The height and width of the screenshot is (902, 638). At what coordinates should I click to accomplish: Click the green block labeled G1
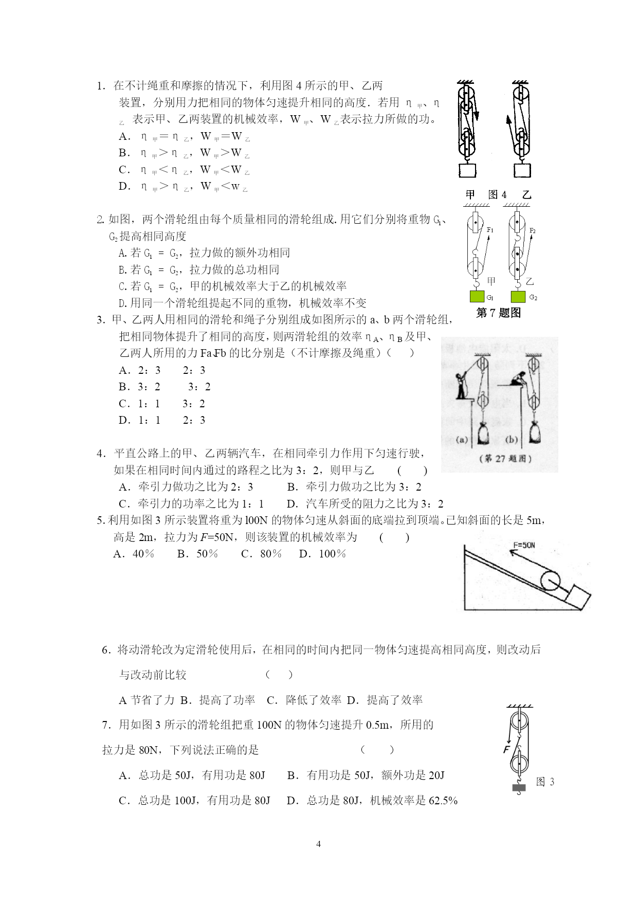477,296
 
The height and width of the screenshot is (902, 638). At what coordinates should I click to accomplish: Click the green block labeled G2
518,296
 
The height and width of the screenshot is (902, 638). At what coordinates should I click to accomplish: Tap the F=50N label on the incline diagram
524,545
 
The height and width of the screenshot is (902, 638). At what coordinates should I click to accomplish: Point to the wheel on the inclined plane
550,581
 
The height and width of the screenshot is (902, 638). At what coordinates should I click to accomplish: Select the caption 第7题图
498,313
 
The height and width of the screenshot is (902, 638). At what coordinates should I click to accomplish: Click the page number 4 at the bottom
318,844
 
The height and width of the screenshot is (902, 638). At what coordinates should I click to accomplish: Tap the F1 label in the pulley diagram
490,230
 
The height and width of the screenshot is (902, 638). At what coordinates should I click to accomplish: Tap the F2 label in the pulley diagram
533,231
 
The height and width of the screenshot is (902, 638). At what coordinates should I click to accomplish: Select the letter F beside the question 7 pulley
507,749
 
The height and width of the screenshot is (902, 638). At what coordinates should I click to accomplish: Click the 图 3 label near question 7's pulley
545,782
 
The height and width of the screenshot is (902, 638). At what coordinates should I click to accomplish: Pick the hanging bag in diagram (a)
483,433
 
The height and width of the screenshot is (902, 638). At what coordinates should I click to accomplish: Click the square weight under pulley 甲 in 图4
467,170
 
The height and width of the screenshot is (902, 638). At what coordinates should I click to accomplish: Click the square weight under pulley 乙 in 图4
522,170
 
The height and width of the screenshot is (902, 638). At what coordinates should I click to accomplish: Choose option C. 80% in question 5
261,554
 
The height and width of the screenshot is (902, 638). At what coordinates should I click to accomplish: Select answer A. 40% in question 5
134,554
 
